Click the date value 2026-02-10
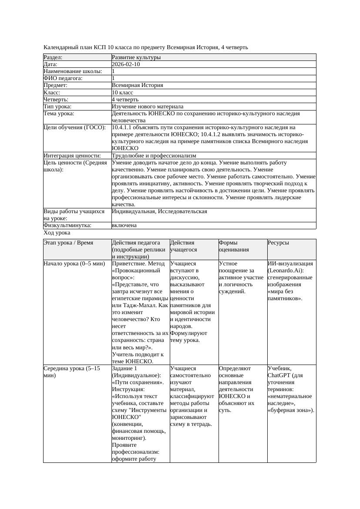[126, 64]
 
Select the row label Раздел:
[53, 57]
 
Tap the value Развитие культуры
[136, 57]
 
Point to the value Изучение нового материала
[148, 107]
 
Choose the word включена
[124, 225]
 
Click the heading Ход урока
[57, 233]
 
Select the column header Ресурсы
[278, 243]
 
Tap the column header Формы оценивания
[234, 246]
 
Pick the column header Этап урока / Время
[68, 243]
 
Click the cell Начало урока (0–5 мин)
[74, 264]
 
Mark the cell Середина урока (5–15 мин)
[72, 372]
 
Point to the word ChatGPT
[279, 375]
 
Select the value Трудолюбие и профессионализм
[154, 155]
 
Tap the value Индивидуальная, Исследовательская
[159, 211]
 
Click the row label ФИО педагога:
[63, 78]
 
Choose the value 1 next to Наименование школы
[114, 71]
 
